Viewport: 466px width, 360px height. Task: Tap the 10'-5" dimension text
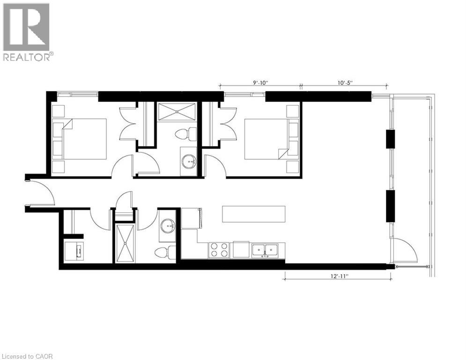[344, 82]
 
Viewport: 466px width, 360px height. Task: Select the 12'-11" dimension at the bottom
[339, 276]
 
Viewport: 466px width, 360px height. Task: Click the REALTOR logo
[27, 31]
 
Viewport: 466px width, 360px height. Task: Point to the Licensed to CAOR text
[27, 356]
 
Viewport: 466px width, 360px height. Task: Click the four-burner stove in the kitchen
[219, 249]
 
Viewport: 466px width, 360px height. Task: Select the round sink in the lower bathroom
[167, 226]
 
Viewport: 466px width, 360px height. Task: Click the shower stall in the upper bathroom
[177, 112]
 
